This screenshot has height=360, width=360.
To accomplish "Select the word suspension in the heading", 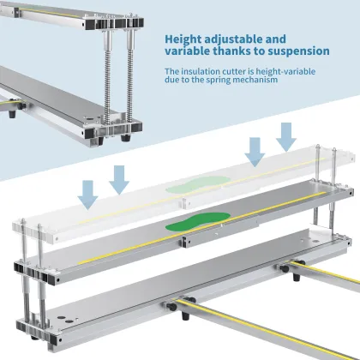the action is coord(298,51).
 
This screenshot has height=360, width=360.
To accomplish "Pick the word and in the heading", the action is coord(276,39).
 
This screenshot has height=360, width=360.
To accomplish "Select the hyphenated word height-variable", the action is coord(285,72).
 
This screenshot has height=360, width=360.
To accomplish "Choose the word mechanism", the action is coord(255,80).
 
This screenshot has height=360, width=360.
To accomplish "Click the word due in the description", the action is coord(171,80).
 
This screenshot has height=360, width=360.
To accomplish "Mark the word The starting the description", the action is coord(171,71).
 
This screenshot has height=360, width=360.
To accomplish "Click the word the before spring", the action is coord(198,80).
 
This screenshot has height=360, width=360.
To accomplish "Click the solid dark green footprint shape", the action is coord(198,221).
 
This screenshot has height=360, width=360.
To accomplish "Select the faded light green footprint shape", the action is coord(198,184).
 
